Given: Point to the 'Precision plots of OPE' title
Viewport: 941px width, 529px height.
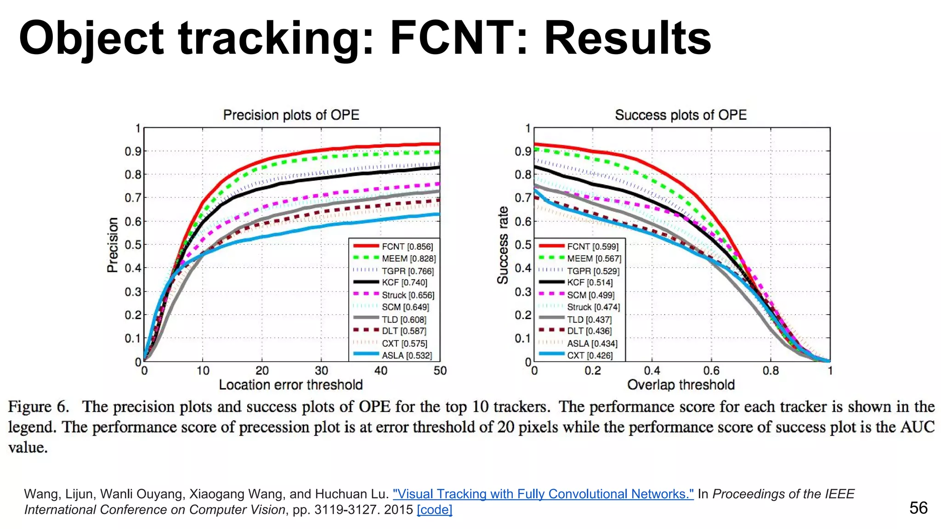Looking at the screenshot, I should point(291,115).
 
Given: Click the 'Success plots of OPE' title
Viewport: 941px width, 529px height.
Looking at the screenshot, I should point(680,115).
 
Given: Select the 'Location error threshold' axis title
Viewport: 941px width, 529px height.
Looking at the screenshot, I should point(290,385).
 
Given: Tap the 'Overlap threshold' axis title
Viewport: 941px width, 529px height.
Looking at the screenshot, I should point(680,385).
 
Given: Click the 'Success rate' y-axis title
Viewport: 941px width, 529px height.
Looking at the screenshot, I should point(503,245).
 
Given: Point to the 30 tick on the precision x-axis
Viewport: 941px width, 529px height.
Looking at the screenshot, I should point(321,371).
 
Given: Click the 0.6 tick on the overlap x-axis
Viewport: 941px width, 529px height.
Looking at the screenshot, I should point(711,371).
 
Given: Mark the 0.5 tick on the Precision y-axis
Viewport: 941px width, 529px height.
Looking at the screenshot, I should point(133,245).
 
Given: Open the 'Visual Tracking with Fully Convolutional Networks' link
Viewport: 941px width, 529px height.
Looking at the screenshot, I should point(543,494).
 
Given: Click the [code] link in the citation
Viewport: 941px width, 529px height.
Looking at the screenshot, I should point(434,510).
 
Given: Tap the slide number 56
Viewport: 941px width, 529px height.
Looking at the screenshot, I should point(918,508).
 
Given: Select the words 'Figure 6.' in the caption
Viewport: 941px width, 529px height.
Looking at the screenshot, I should point(39,407).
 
